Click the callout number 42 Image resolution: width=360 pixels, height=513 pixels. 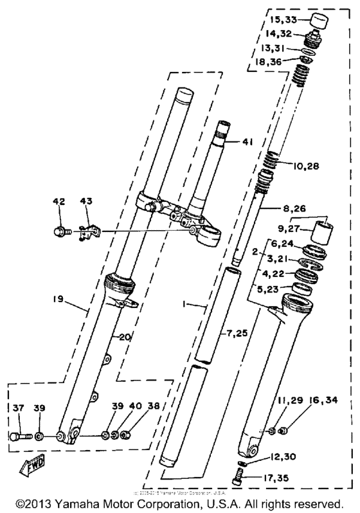[59, 202]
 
